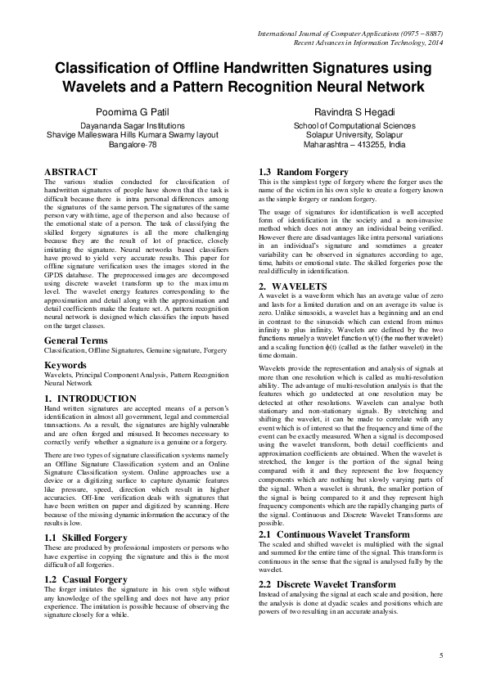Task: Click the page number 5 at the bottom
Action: click(440, 655)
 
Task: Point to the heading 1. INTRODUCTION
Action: click(90, 376)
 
